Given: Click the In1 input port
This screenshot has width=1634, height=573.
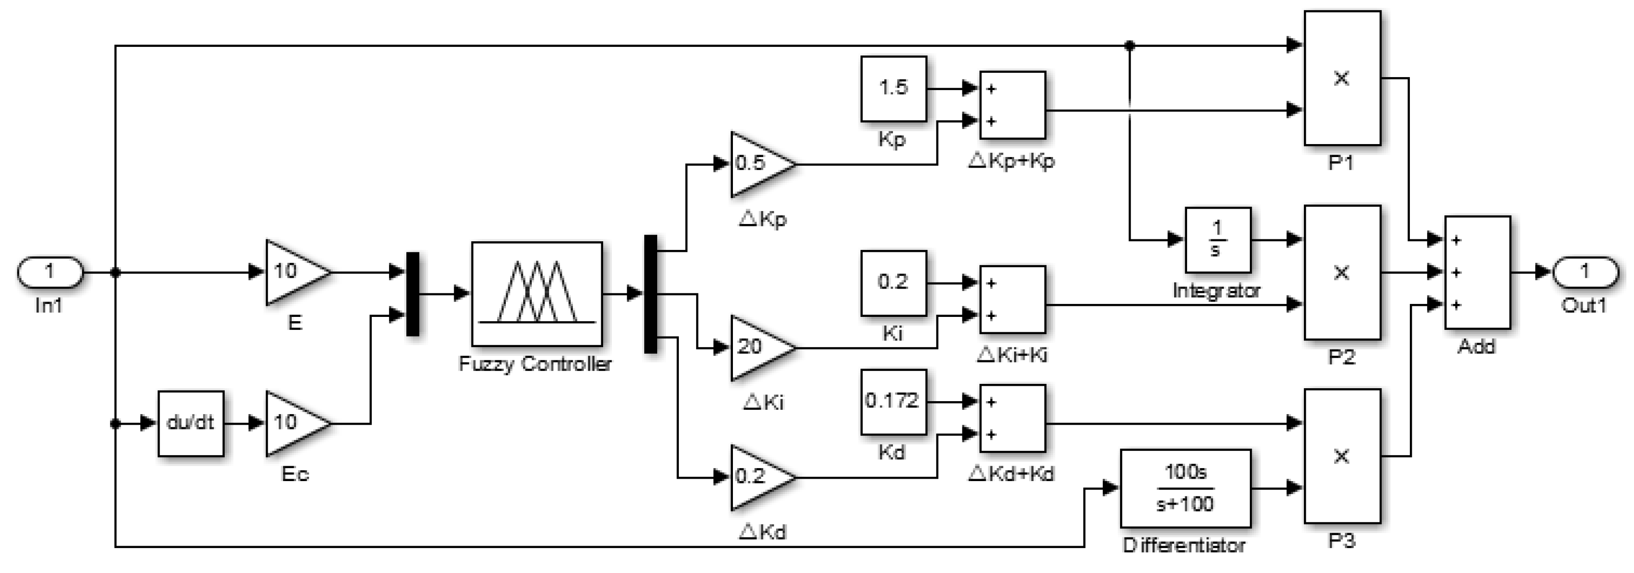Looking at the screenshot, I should pyautogui.click(x=49, y=272).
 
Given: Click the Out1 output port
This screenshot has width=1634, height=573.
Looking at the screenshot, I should pyautogui.click(x=1585, y=272).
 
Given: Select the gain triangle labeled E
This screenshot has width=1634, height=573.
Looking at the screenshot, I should pyautogui.click(x=294, y=272).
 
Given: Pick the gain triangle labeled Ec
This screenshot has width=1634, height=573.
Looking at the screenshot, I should pyautogui.click(x=294, y=423).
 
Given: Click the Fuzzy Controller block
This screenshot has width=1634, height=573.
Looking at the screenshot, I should pyautogui.click(x=537, y=293).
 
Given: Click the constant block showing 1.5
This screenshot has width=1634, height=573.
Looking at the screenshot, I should pyautogui.click(x=893, y=89).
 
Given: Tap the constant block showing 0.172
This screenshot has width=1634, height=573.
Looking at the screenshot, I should pyautogui.click(x=893, y=401).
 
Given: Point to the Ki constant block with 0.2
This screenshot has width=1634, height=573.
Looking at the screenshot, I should pyautogui.click(x=893, y=283).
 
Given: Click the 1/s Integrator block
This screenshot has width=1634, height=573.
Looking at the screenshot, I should pyautogui.click(x=1217, y=240).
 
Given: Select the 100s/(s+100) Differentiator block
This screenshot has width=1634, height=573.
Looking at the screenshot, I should pyautogui.click(x=1185, y=489).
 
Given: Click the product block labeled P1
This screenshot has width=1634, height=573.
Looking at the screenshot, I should pyautogui.click(x=1342, y=78).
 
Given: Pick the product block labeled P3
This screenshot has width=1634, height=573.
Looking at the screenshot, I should pyautogui.click(x=1342, y=456).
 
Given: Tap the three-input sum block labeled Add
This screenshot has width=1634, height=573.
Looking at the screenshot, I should pyautogui.click(x=1477, y=272).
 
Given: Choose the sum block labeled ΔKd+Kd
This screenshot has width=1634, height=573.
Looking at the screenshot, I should pyautogui.click(x=1012, y=418).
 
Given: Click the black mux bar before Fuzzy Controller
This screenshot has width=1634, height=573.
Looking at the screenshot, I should pyautogui.click(x=412, y=293).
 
